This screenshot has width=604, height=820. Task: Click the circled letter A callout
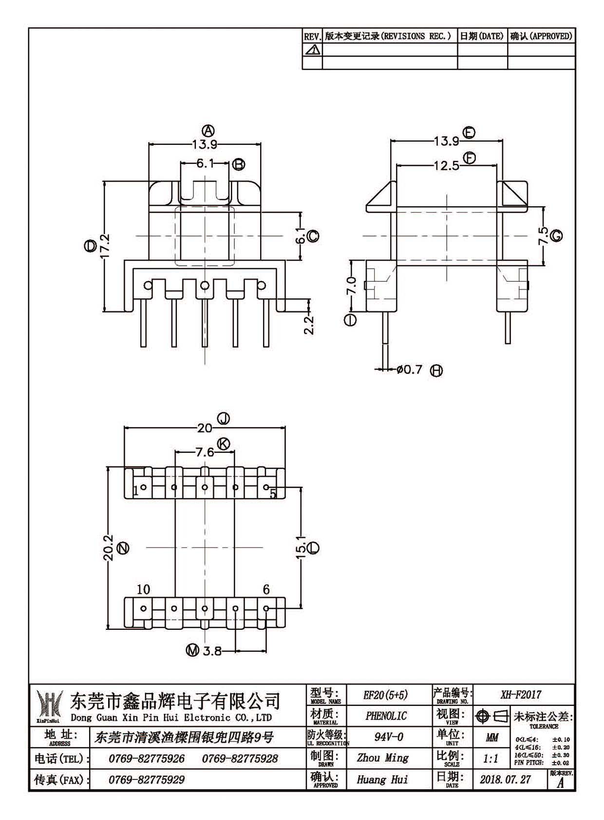208,130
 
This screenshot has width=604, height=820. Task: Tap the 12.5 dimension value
446,166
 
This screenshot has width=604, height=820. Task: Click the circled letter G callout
556,235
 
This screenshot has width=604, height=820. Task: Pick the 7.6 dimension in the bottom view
205,452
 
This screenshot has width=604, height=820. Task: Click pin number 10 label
143,589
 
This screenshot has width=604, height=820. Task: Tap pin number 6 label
266,589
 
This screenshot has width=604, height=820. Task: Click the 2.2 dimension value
309,325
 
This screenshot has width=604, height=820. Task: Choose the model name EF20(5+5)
385,695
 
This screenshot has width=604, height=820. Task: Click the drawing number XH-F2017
521,694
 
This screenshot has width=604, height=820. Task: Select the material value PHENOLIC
386,716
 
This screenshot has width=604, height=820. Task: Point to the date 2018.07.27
505,780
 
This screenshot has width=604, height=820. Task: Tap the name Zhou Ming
383,758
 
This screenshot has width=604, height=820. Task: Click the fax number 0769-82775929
146,780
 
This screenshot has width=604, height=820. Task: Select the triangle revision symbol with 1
312,49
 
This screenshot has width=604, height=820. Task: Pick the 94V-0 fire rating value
389,737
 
